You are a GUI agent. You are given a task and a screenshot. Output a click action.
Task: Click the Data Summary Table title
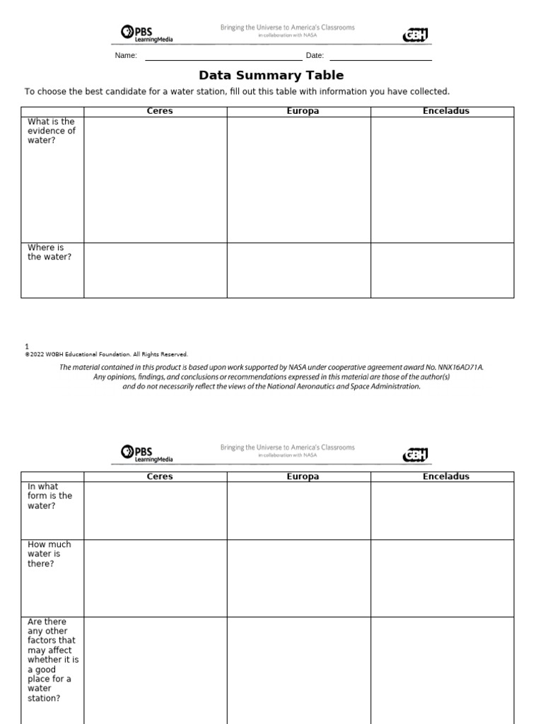point(271,76)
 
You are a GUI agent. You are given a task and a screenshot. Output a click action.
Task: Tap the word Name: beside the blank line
point(126,56)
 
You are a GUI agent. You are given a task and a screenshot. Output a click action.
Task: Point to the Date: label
point(315,56)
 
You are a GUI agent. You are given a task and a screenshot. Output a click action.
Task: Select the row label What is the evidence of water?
point(52,131)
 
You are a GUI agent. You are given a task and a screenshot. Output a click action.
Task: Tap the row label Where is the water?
point(49,252)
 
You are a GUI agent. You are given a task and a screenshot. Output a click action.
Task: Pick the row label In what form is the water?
point(49,496)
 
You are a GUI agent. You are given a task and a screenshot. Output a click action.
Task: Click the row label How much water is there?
point(49,554)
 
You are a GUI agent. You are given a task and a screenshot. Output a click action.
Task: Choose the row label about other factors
point(53,660)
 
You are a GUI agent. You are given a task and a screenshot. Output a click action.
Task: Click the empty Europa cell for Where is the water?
point(298,270)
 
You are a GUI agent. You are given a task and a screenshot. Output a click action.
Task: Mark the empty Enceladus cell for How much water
point(443,578)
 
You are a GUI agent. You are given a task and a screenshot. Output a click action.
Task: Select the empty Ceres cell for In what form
point(155,510)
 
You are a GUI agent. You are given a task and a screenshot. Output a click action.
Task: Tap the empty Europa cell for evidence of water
point(298,180)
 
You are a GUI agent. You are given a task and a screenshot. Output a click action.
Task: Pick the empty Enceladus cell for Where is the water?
point(443,270)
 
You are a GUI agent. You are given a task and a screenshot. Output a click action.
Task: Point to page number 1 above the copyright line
point(27,346)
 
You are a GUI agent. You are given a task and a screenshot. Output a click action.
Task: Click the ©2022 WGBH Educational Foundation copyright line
point(106,354)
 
